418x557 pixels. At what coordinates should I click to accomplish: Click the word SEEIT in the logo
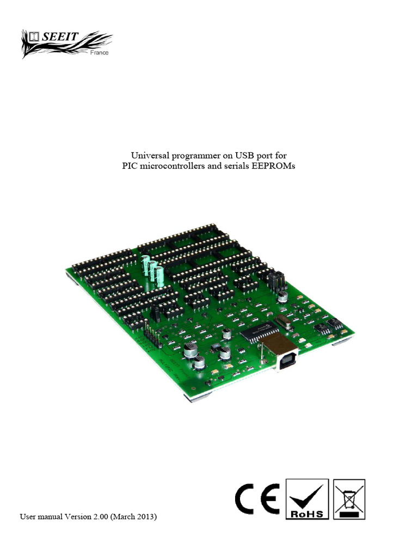60,36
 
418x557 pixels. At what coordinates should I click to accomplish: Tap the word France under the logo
99,53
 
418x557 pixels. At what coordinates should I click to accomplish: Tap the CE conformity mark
257,499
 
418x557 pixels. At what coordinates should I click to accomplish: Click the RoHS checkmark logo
307,499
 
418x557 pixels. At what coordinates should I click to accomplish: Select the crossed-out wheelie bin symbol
349,499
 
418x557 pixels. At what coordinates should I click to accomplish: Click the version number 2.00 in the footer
101,517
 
